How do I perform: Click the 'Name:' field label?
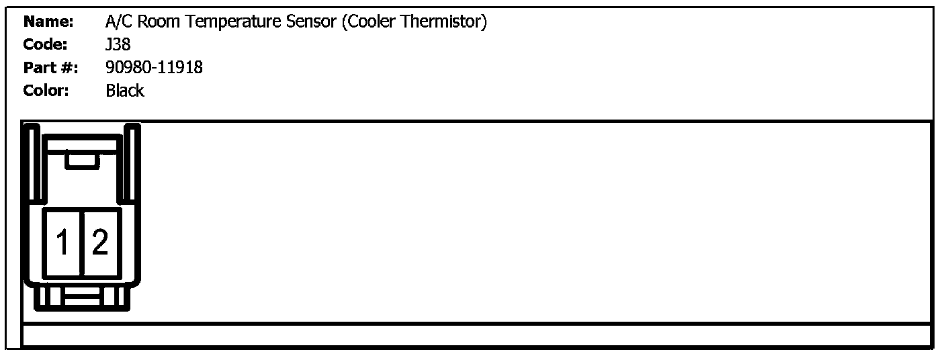(48, 22)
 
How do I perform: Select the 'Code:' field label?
(46, 45)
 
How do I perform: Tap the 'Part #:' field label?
(50, 68)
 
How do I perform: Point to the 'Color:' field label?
(46, 91)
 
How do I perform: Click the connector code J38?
(118, 45)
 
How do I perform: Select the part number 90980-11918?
(154, 68)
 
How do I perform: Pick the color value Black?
(125, 91)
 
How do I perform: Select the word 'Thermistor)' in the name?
(445, 22)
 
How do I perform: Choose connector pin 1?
(62, 242)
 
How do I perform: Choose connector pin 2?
(100, 242)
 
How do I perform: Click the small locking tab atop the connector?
(82, 160)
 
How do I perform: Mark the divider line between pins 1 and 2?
(81, 242)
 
